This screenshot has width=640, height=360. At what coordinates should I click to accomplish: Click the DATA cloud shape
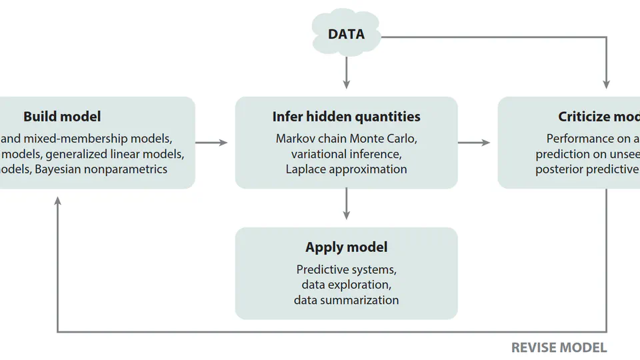[346, 33]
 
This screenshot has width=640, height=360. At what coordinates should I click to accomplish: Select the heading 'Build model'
[62, 117]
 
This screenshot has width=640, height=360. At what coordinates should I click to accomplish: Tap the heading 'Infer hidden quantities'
[346, 117]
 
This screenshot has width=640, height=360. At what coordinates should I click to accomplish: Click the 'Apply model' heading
[346, 247]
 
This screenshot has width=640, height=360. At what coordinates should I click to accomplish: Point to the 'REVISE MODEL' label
[559, 347]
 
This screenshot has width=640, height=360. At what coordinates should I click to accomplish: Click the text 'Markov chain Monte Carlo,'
[346, 139]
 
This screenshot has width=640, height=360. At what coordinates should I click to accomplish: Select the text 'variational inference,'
[346, 154]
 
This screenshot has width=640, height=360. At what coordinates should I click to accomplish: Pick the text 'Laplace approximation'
[346, 169]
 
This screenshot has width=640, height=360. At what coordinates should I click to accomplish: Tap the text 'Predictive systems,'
[346, 270]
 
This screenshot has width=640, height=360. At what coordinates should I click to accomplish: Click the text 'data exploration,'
[346, 285]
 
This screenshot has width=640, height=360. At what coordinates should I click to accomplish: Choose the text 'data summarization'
[346, 300]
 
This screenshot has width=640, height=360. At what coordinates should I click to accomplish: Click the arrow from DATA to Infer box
[346, 73]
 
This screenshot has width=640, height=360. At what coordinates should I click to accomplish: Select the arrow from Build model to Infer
[212, 142]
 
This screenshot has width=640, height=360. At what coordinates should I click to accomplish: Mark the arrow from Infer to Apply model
[346, 204]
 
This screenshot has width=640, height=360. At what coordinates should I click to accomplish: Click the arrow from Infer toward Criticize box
[474, 142]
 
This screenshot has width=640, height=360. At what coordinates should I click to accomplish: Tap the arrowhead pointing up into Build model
[58, 201]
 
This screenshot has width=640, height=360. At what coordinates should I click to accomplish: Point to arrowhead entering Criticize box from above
[606, 83]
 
